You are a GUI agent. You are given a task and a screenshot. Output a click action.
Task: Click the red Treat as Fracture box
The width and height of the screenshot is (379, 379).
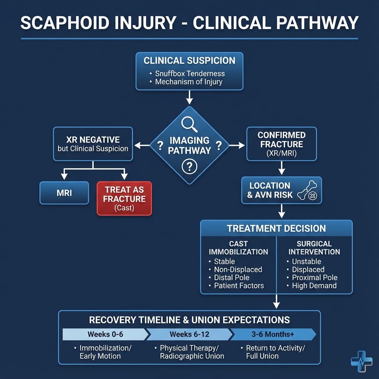124,198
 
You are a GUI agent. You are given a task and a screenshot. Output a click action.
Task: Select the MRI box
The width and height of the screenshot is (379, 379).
64,193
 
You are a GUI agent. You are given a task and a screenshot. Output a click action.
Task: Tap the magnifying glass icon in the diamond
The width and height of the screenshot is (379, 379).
189,124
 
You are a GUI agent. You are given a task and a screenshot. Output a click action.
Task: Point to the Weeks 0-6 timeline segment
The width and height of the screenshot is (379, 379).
105,334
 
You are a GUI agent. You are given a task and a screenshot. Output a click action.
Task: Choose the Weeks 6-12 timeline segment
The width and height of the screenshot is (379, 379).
189,334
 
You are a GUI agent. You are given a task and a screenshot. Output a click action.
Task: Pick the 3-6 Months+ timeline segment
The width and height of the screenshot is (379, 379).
273,334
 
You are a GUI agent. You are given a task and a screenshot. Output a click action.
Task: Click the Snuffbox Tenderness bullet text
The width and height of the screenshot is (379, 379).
189,73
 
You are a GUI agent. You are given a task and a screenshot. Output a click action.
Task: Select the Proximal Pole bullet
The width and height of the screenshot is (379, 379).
315,278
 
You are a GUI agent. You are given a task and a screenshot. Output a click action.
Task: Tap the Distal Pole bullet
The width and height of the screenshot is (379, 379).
232,278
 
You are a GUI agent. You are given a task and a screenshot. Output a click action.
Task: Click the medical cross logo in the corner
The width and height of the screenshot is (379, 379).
361,361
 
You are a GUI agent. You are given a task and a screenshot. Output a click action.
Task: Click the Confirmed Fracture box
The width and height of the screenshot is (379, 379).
281,144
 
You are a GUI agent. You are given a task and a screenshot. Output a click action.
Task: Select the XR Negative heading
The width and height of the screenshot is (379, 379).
93,140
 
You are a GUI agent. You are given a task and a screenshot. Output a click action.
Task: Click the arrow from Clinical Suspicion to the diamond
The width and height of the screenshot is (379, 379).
189,98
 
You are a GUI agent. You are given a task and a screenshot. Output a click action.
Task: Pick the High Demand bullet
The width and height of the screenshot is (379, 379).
314,285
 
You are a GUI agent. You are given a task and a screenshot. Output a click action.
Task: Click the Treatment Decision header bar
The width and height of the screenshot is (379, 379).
276,228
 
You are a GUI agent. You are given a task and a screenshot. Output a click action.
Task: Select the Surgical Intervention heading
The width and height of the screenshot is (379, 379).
314,248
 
